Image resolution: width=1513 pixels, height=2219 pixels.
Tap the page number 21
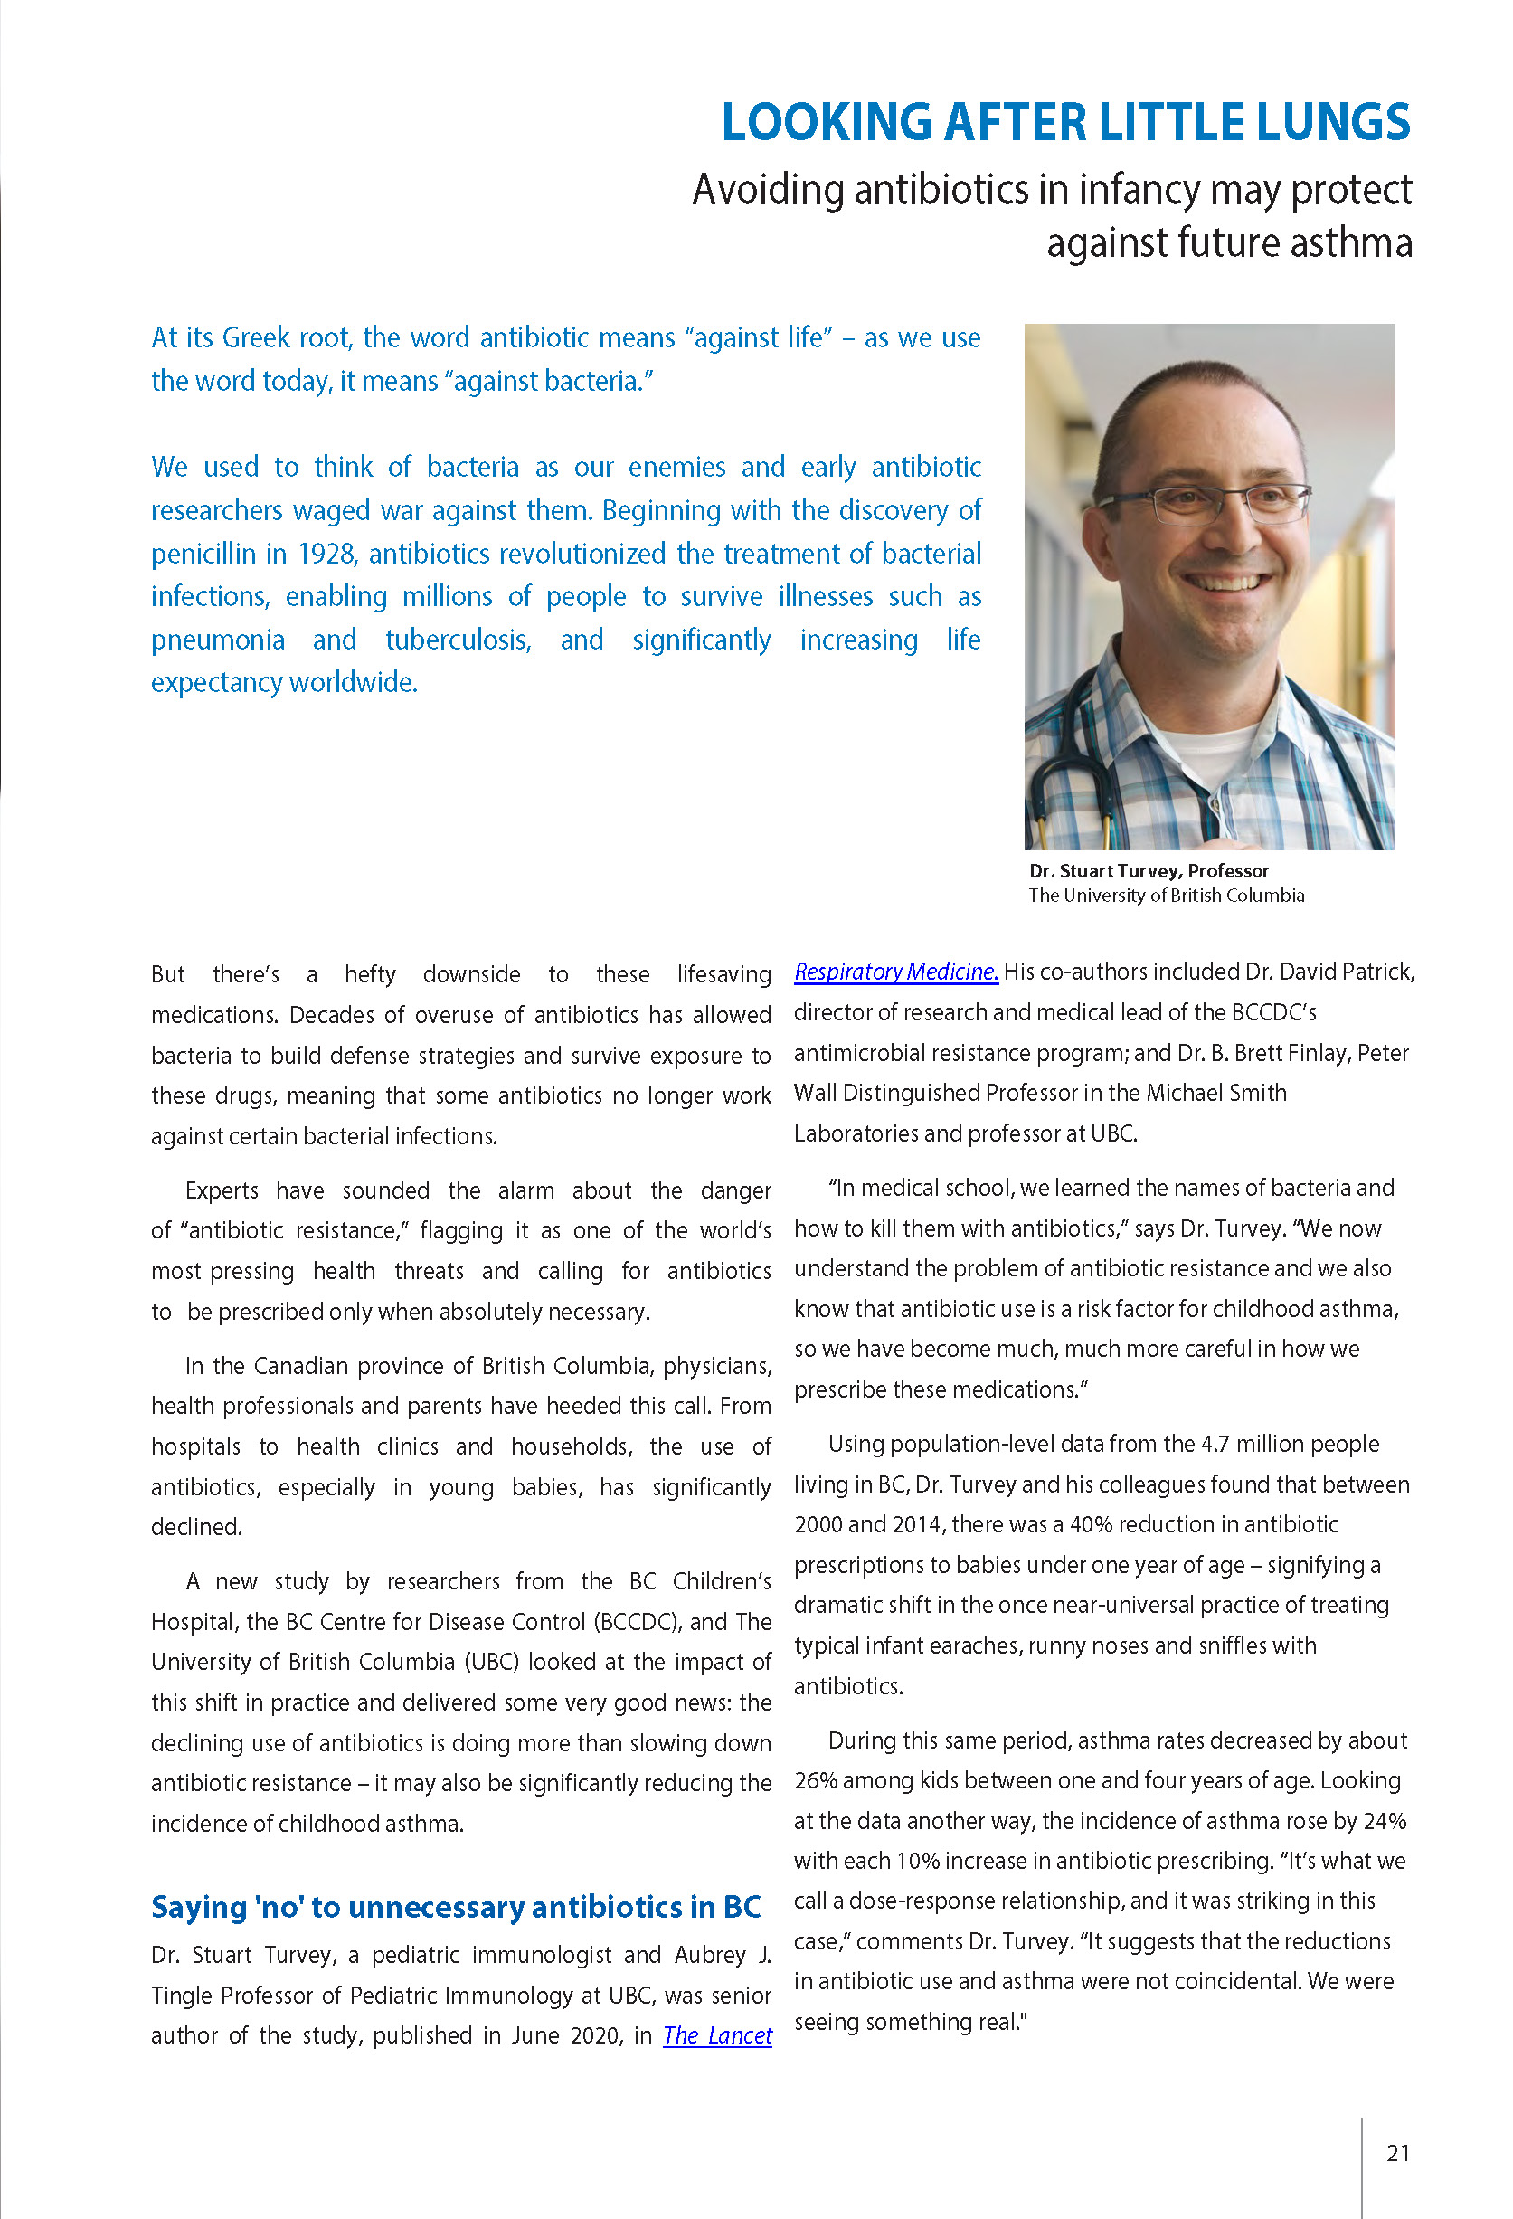point(1397,2153)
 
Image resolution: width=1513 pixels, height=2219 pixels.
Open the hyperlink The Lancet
point(717,2035)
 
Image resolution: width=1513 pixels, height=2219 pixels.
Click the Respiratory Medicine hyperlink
point(895,972)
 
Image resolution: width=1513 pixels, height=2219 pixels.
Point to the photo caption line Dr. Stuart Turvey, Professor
point(1149,871)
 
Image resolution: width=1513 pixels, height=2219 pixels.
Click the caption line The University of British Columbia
point(1166,896)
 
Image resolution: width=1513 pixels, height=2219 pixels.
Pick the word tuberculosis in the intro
point(458,640)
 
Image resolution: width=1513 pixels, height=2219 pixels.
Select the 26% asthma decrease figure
point(815,1781)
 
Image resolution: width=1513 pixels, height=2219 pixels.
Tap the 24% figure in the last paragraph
point(1385,1821)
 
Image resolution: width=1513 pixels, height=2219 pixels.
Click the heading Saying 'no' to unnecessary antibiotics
point(455,1907)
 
